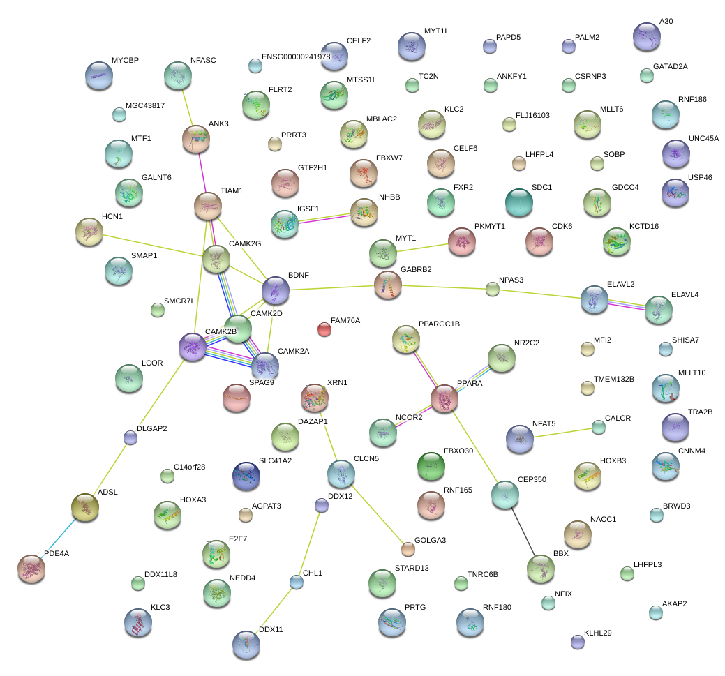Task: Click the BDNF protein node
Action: click(x=275, y=290)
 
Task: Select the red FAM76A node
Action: click(x=324, y=328)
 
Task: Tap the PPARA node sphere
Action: click(x=444, y=398)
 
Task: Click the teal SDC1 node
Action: click(x=518, y=202)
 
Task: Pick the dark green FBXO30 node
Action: click(x=430, y=466)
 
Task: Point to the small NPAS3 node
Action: click(x=493, y=289)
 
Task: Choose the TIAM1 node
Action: click(x=207, y=206)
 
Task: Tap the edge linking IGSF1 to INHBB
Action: click(x=324, y=217)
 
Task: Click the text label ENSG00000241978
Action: click(x=296, y=57)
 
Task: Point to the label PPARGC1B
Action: click(x=439, y=324)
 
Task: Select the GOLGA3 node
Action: click(x=408, y=549)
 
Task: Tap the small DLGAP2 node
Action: click(x=130, y=437)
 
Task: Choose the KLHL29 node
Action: click(x=577, y=642)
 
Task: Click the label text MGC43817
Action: click(x=145, y=105)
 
